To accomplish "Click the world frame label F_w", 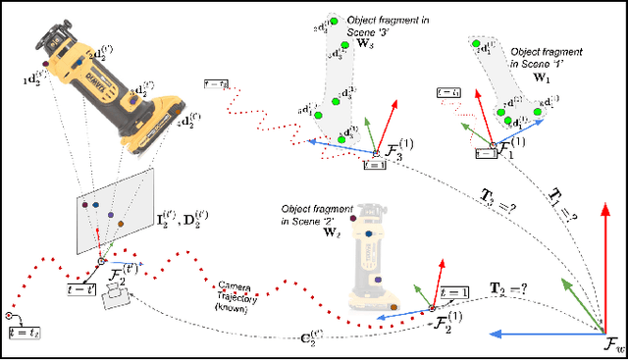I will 609,346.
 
